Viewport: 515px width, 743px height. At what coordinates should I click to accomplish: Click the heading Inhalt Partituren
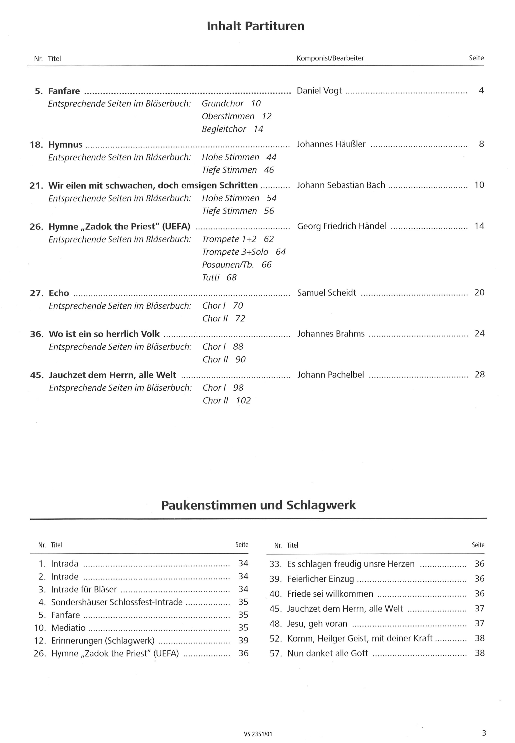(x=255, y=26)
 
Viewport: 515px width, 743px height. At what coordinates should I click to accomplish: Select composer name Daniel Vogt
(x=319, y=91)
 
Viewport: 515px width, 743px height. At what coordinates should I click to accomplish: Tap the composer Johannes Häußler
(x=331, y=144)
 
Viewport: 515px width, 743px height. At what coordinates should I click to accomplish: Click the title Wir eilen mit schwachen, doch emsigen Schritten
(x=153, y=185)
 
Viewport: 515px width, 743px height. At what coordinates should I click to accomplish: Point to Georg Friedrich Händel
(x=341, y=226)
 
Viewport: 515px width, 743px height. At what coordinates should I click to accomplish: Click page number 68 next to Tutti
(x=231, y=277)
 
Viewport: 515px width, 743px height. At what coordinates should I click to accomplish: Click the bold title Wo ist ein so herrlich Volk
(x=104, y=334)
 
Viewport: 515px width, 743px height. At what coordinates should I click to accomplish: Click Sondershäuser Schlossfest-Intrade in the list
(x=117, y=602)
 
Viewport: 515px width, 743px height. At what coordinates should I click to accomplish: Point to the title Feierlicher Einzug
(x=320, y=579)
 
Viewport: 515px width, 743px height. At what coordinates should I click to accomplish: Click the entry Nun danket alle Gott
(x=328, y=653)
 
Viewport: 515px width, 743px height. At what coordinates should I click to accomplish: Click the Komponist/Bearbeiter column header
(x=330, y=58)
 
